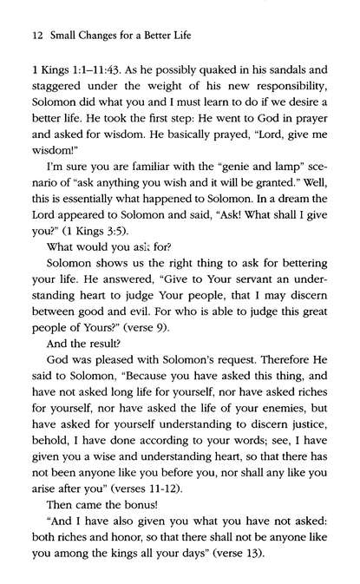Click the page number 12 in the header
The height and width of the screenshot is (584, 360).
pos(23,35)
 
